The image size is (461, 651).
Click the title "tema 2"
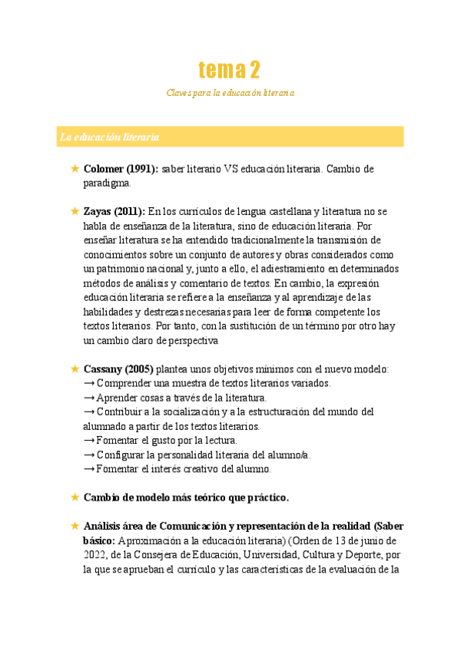tap(229, 71)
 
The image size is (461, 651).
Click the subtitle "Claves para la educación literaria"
tap(230, 93)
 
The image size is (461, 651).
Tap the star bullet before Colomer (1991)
tap(75, 168)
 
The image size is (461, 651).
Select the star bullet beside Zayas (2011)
tap(75, 211)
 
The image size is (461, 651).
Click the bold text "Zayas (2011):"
tap(114, 211)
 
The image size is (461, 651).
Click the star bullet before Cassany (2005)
tap(75, 369)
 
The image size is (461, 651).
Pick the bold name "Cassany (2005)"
tap(118, 369)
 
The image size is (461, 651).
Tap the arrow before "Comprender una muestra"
tap(89, 383)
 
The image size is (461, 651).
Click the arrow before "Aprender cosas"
tap(89, 398)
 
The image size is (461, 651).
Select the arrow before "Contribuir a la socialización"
tap(89, 412)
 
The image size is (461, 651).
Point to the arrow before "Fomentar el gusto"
tap(89, 441)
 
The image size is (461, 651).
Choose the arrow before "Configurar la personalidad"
tap(89, 455)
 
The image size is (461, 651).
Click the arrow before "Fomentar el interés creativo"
tap(89, 469)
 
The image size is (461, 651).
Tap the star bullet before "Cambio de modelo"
tap(75, 497)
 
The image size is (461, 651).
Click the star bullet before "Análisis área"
tap(75, 526)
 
